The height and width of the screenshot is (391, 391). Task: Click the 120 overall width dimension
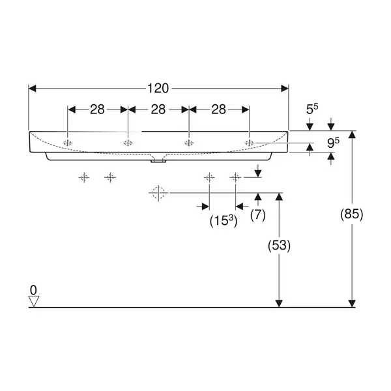(x=158, y=88)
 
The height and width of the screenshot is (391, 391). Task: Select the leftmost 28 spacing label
(x=97, y=109)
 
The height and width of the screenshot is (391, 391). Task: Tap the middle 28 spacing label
(x=158, y=109)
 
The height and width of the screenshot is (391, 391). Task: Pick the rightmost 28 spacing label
(x=219, y=109)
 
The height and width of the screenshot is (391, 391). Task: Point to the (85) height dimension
(x=352, y=214)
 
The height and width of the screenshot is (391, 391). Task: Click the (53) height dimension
(x=279, y=246)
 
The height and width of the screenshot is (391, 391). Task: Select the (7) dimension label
(x=258, y=214)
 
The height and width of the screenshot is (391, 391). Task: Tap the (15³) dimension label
(x=224, y=221)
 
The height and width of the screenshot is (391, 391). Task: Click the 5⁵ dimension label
(x=312, y=109)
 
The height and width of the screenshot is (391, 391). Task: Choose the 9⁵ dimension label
(x=333, y=143)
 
